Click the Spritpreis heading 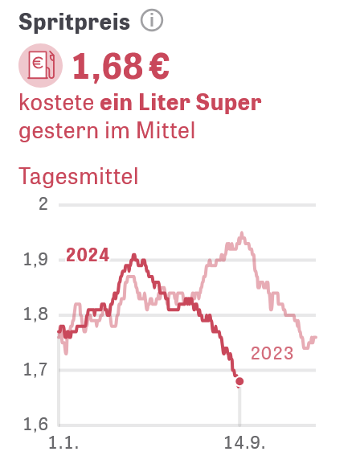74,23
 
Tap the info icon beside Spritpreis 152,20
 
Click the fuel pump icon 40,65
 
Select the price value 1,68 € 121,67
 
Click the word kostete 56,102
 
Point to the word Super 228,103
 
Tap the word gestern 59,132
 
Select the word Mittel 166,130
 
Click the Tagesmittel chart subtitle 79,177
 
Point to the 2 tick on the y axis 43,204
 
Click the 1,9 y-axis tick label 35,260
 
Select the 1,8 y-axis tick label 35,314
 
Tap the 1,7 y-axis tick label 35,370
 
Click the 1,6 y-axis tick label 35,424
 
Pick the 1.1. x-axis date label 63,443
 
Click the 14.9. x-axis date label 244,443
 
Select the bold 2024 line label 88,255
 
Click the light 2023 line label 272,353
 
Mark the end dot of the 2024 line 239,381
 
